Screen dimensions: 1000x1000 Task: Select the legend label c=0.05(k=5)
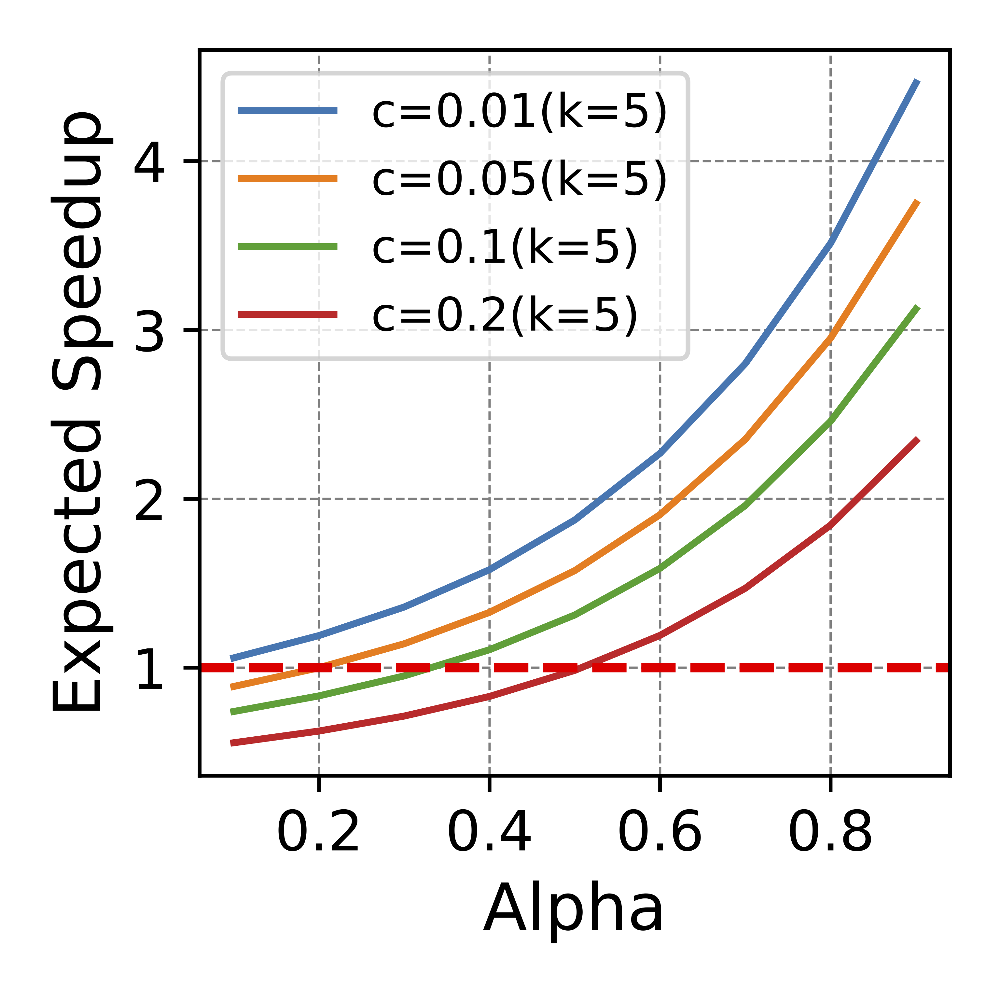coord(519,180)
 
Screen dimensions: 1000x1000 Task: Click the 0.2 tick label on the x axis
coord(318,833)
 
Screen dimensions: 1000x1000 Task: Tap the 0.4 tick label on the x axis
coord(489,833)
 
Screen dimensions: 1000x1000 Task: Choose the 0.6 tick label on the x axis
coord(660,833)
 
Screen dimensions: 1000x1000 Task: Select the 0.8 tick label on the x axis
coord(830,833)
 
